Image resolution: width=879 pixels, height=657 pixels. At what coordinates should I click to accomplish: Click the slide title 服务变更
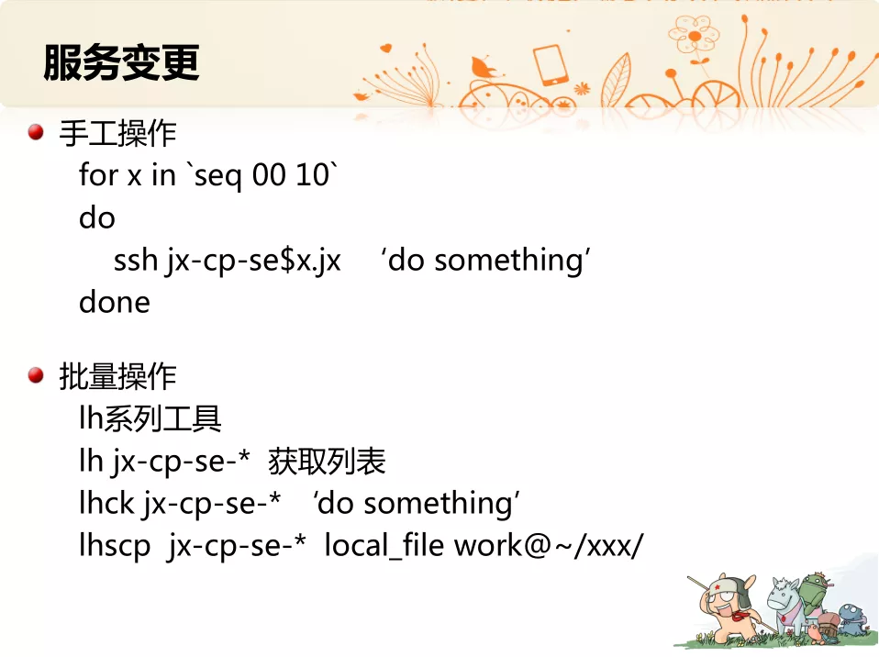pyautogui.click(x=122, y=62)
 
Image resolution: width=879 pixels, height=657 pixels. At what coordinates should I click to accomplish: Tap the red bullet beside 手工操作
pyautogui.click(x=36, y=132)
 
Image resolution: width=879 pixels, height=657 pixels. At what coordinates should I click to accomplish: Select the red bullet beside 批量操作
pyautogui.click(x=36, y=375)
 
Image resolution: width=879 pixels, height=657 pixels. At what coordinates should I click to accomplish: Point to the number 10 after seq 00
pyautogui.click(x=312, y=174)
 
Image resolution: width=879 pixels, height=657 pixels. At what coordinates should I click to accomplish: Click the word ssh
pyautogui.click(x=136, y=260)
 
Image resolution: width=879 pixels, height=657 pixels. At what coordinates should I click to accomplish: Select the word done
pyautogui.click(x=115, y=302)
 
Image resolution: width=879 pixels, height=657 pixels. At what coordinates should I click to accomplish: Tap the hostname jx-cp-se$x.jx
pyautogui.click(x=253, y=262)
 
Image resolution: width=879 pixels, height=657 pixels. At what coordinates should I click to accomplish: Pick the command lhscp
pyautogui.click(x=115, y=546)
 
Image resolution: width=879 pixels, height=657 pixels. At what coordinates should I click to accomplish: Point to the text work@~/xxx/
pyautogui.click(x=549, y=545)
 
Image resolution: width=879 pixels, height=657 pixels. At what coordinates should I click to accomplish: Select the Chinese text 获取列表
pyautogui.click(x=327, y=462)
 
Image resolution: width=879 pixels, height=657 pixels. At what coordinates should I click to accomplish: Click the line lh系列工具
pyautogui.click(x=150, y=418)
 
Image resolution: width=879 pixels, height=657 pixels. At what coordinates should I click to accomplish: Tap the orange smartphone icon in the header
pyautogui.click(x=551, y=65)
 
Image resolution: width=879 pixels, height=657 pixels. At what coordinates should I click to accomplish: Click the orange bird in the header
pyautogui.click(x=484, y=68)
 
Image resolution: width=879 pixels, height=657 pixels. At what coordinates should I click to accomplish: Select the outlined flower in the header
pyautogui.click(x=694, y=36)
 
